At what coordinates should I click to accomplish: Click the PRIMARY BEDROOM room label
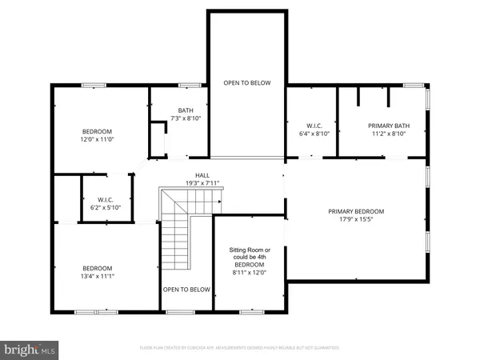(x=356, y=211)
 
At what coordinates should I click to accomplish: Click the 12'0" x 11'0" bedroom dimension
(x=97, y=140)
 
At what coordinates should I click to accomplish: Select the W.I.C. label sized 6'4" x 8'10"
(x=313, y=130)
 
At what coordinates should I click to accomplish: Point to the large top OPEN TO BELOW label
(x=246, y=82)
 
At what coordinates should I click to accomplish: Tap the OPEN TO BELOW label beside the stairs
(x=186, y=290)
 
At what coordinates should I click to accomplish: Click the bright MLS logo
(x=30, y=349)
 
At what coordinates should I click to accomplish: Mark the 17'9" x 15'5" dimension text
(x=356, y=220)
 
